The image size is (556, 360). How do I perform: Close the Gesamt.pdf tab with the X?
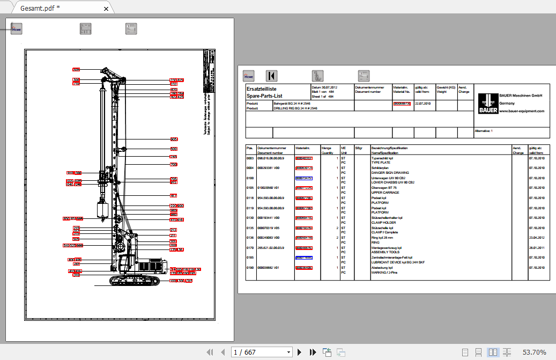[106, 9]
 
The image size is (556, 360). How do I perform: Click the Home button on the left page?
[17, 30]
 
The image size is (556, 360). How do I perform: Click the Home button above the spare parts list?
[248, 76]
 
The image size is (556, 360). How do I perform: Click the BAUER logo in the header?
[487, 103]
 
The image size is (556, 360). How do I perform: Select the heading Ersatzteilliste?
[261, 89]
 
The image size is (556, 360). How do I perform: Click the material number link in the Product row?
[402, 104]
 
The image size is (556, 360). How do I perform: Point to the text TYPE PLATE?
[381, 163]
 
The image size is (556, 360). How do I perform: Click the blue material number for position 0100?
[303, 178]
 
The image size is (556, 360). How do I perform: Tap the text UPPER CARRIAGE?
[384, 192]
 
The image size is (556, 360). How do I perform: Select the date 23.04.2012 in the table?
[537, 237]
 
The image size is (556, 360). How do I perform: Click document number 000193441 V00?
[271, 217]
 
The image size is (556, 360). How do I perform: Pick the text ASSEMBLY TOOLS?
[386, 252]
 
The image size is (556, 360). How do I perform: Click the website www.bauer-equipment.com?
[522, 111]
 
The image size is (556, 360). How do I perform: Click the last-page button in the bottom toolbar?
[313, 352]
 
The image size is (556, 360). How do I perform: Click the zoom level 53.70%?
[534, 352]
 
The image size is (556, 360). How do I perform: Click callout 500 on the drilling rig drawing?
[174, 149]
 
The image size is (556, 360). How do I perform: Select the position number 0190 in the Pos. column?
[250, 267]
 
